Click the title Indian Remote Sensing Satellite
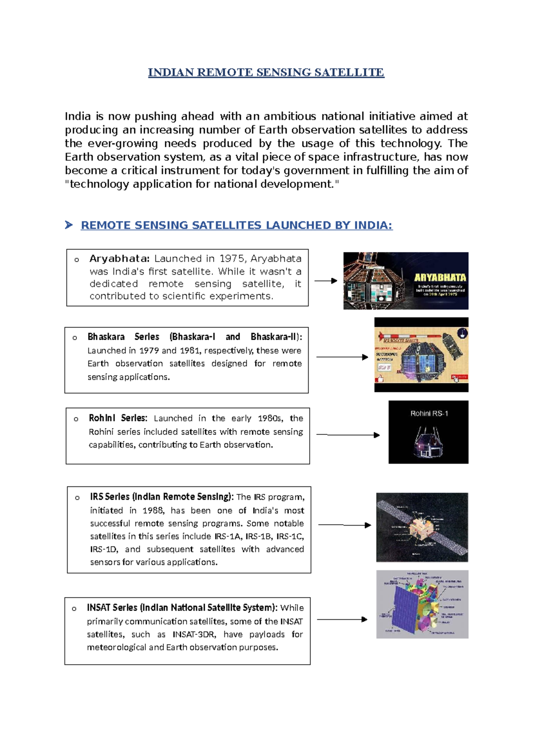pos(266,72)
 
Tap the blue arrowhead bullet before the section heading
pos(68,225)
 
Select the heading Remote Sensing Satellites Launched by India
pos(236,225)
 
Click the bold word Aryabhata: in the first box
pos(119,259)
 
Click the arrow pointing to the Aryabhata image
pos(326,281)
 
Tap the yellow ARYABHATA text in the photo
pos(440,277)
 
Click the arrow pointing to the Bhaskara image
pos(342,357)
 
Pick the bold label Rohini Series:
pos(118,418)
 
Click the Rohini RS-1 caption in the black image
pos(429,413)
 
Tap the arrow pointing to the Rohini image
pos(348,435)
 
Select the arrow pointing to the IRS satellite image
pos(345,525)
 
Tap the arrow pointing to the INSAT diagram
pos(342,619)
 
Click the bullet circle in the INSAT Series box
pos(74,609)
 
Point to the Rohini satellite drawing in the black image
pos(427,442)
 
